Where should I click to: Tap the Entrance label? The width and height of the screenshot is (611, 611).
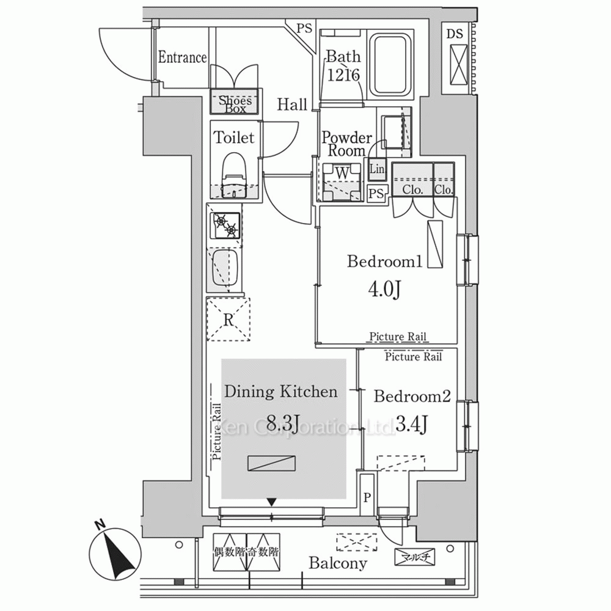(182, 58)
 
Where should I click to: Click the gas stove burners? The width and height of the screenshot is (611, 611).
(225, 225)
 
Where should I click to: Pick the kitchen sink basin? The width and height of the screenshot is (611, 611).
(224, 269)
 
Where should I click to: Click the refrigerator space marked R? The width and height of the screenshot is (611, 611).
(228, 318)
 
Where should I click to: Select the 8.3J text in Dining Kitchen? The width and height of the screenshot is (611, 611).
(282, 422)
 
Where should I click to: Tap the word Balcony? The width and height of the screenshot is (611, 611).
(337, 563)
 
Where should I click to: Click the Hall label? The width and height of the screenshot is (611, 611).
(292, 104)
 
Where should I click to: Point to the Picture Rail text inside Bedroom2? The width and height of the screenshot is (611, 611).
(414, 357)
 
